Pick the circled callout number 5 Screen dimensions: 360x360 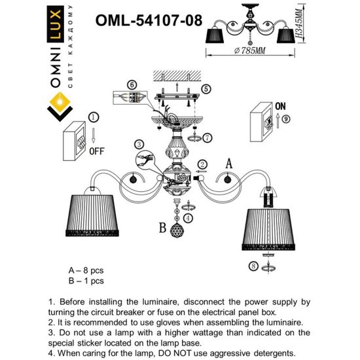coord(206,88)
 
